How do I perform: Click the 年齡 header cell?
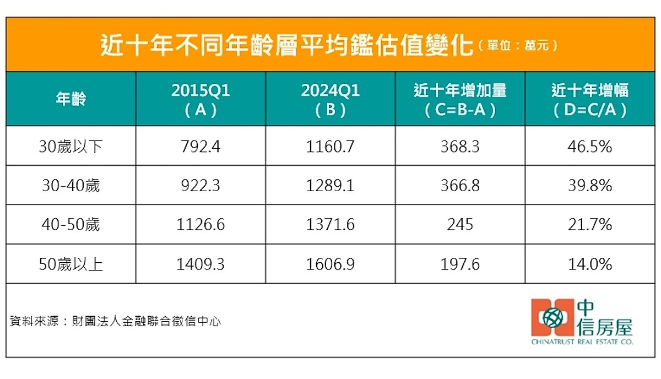click(71, 100)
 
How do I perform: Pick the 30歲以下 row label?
click(71, 147)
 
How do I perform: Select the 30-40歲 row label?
click(71, 186)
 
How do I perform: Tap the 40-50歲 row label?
click(71, 225)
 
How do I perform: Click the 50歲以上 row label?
click(71, 264)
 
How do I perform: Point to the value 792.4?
click(201, 147)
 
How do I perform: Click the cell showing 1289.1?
click(330, 186)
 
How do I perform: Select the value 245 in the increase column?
click(460, 225)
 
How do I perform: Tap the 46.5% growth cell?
click(590, 147)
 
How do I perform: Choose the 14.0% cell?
click(590, 264)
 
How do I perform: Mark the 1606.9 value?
click(330, 264)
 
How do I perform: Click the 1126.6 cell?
click(201, 225)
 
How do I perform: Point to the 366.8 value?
click(460, 186)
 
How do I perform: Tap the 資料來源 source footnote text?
click(115, 321)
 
